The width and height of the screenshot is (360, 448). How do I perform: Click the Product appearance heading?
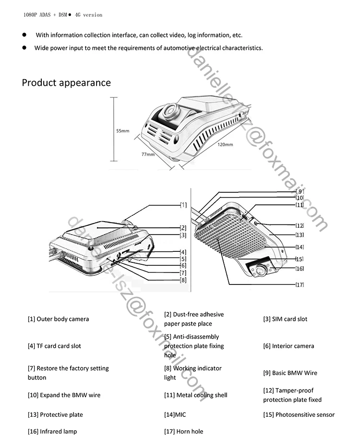(x=66, y=83)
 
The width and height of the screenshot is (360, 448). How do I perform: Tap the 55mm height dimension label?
(x=122, y=130)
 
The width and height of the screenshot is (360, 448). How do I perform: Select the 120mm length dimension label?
(x=225, y=144)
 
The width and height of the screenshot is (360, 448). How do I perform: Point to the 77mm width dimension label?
(x=147, y=154)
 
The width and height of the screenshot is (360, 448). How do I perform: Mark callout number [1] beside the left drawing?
(x=183, y=205)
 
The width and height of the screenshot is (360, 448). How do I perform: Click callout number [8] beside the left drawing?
(x=183, y=280)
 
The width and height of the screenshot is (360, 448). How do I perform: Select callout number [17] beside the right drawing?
(x=300, y=284)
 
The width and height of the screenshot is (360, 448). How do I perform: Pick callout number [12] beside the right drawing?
(x=300, y=225)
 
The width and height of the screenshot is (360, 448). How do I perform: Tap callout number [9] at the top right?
(x=300, y=191)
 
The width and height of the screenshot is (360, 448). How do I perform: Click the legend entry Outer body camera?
(x=58, y=319)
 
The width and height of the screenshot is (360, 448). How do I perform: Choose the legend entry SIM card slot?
(x=285, y=319)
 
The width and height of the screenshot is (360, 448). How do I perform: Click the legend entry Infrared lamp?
(x=52, y=431)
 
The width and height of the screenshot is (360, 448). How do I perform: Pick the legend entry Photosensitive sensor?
(x=299, y=414)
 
